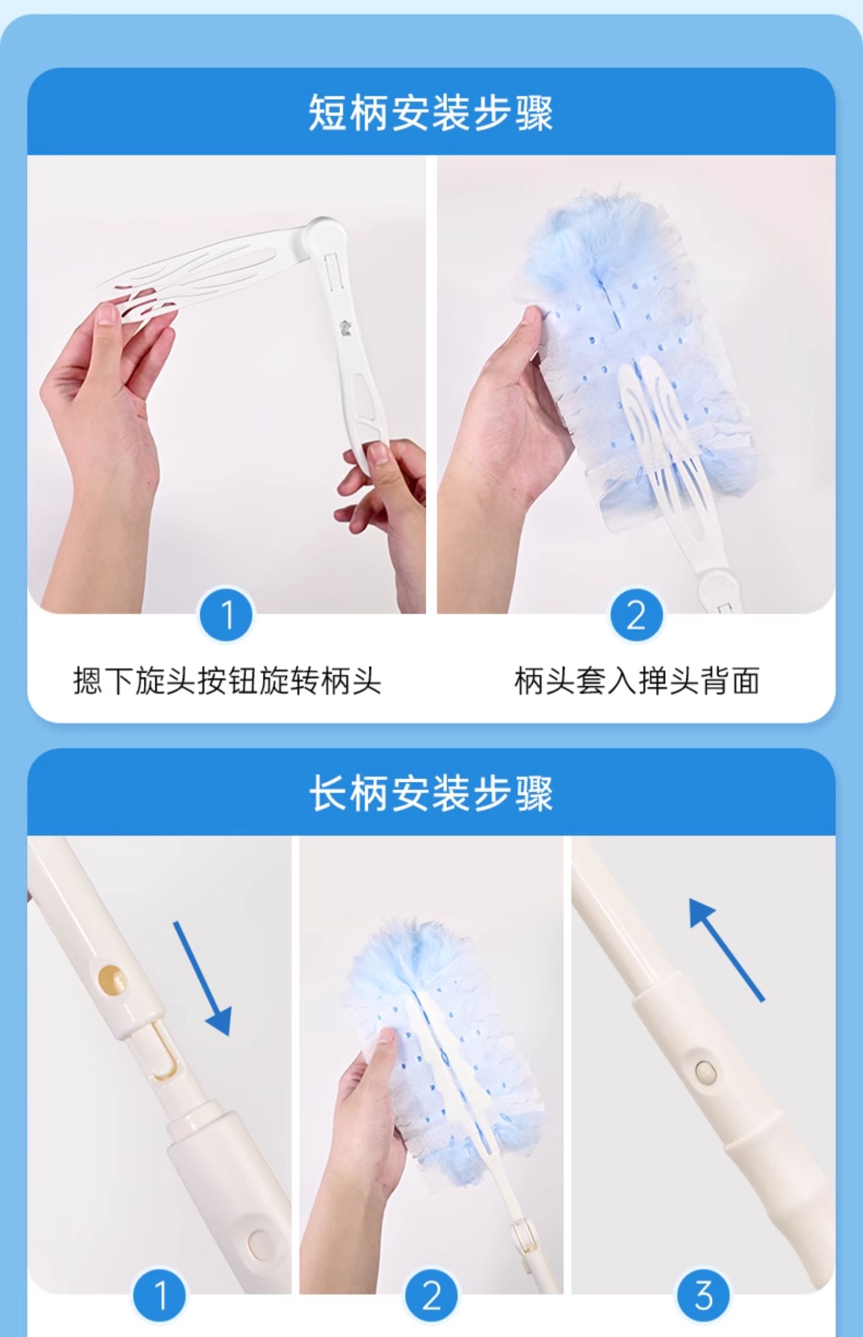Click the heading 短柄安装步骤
click(431, 112)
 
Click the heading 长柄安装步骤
click(431, 793)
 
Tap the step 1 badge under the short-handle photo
click(226, 614)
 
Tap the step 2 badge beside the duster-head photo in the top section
click(636, 614)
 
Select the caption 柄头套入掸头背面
click(637, 681)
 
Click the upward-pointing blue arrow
click(726, 949)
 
